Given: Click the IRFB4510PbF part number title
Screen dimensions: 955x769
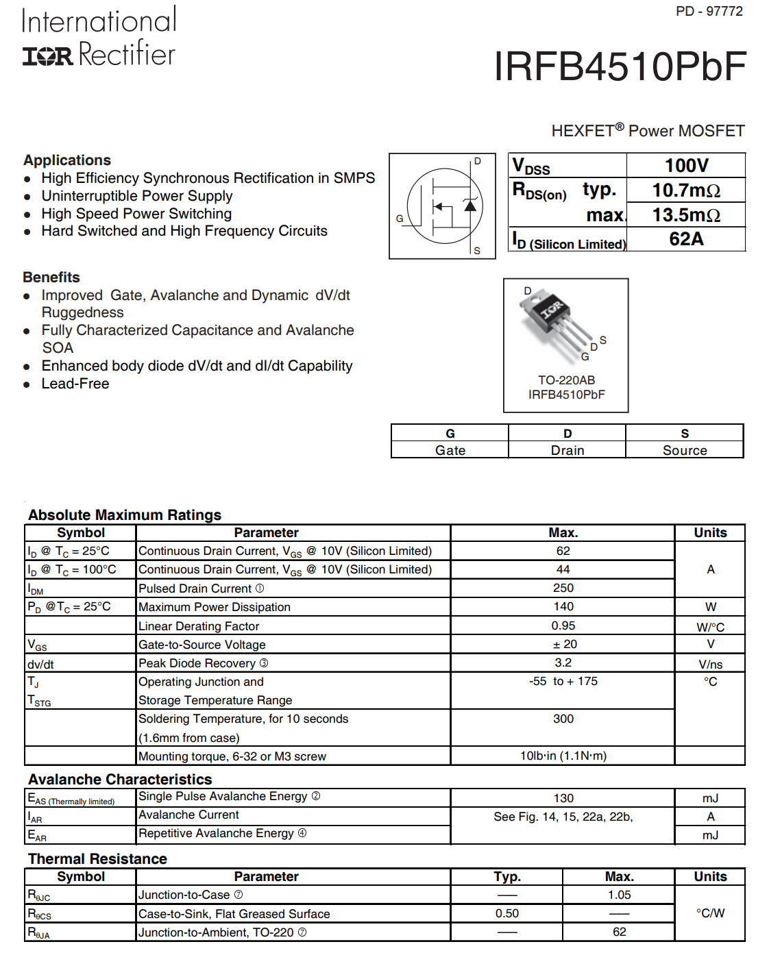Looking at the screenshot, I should (x=620, y=66).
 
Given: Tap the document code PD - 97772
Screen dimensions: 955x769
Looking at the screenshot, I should (x=709, y=12).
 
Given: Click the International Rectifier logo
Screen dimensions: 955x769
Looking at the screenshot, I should (x=99, y=37).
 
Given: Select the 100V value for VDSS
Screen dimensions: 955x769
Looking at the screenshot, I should (x=686, y=166).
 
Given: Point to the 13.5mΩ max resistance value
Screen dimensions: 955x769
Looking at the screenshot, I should (x=686, y=215).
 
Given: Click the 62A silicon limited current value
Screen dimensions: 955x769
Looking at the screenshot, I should (x=686, y=239).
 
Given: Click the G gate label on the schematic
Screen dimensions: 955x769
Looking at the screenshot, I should (x=400, y=219).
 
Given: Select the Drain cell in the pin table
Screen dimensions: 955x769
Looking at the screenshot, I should (x=567, y=450).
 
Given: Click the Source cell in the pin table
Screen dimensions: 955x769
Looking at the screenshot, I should (x=685, y=450).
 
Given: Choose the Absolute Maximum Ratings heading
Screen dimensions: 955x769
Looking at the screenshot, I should (x=125, y=515).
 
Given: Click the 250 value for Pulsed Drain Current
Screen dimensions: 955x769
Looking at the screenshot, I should (x=563, y=588).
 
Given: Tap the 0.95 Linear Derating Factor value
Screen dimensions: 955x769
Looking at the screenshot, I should (x=563, y=625).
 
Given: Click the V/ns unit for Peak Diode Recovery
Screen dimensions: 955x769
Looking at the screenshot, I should (x=711, y=664).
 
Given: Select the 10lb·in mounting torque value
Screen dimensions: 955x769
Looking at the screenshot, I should (x=563, y=756).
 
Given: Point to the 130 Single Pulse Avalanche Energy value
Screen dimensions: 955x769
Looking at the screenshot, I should (x=563, y=798).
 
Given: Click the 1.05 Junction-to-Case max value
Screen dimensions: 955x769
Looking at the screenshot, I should (x=620, y=895).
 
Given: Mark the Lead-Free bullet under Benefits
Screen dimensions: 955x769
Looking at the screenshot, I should (x=75, y=384).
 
